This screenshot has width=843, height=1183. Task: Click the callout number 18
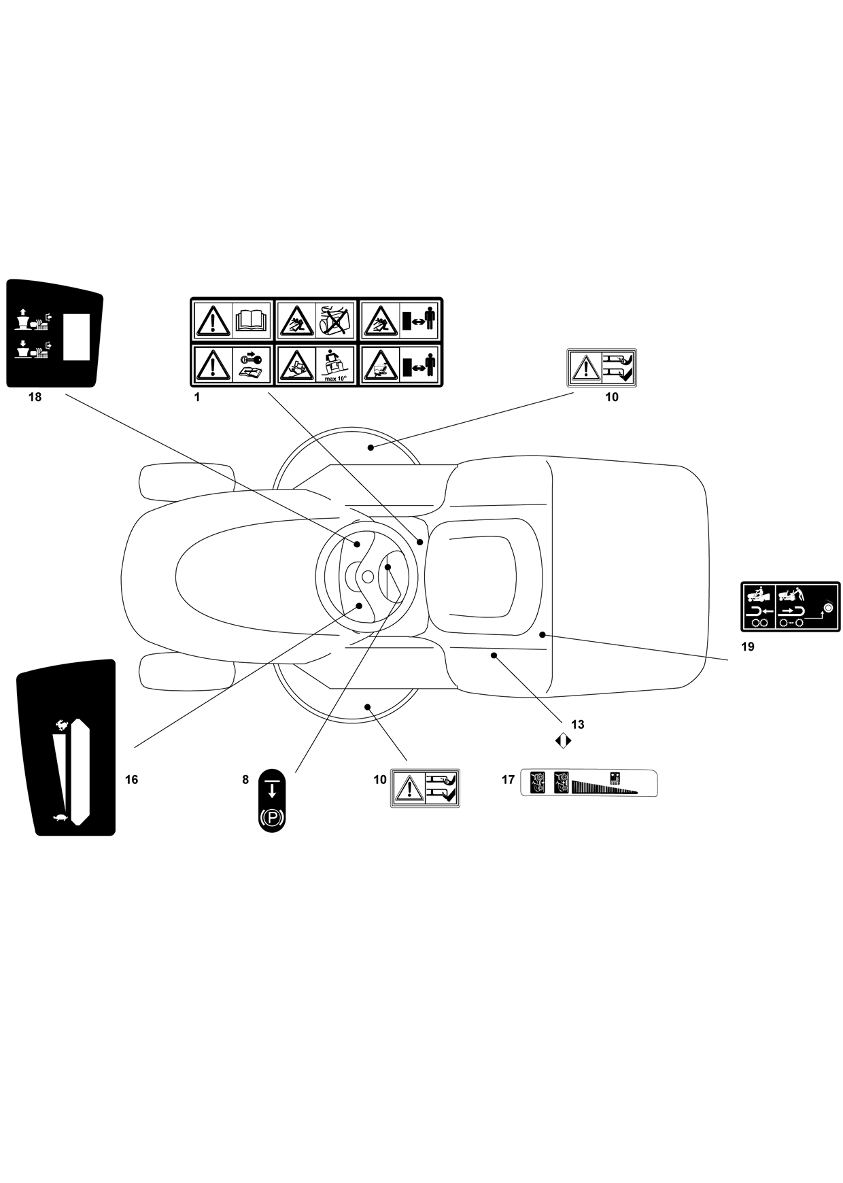[35, 397]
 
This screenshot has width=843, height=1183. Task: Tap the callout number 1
[197, 397]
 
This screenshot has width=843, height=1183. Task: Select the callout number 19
[748, 647]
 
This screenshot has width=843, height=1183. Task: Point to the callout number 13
[578, 725]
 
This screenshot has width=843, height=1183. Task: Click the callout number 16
[132, 780]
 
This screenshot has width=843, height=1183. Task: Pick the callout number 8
[246, 780]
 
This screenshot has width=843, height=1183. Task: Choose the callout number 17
[509, 780]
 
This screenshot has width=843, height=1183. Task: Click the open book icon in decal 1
[252, 320]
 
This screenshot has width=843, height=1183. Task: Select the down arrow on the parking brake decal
[272, 790]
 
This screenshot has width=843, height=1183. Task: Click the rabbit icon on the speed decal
[63, 725]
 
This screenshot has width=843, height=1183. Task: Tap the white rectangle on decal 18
[77, 337]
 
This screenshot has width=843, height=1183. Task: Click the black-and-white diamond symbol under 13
[564, 740]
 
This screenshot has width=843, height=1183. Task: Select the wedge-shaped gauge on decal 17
[604, 787]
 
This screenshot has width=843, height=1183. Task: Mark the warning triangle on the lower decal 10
[409, 789]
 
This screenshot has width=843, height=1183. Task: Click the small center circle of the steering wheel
[368, 577]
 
